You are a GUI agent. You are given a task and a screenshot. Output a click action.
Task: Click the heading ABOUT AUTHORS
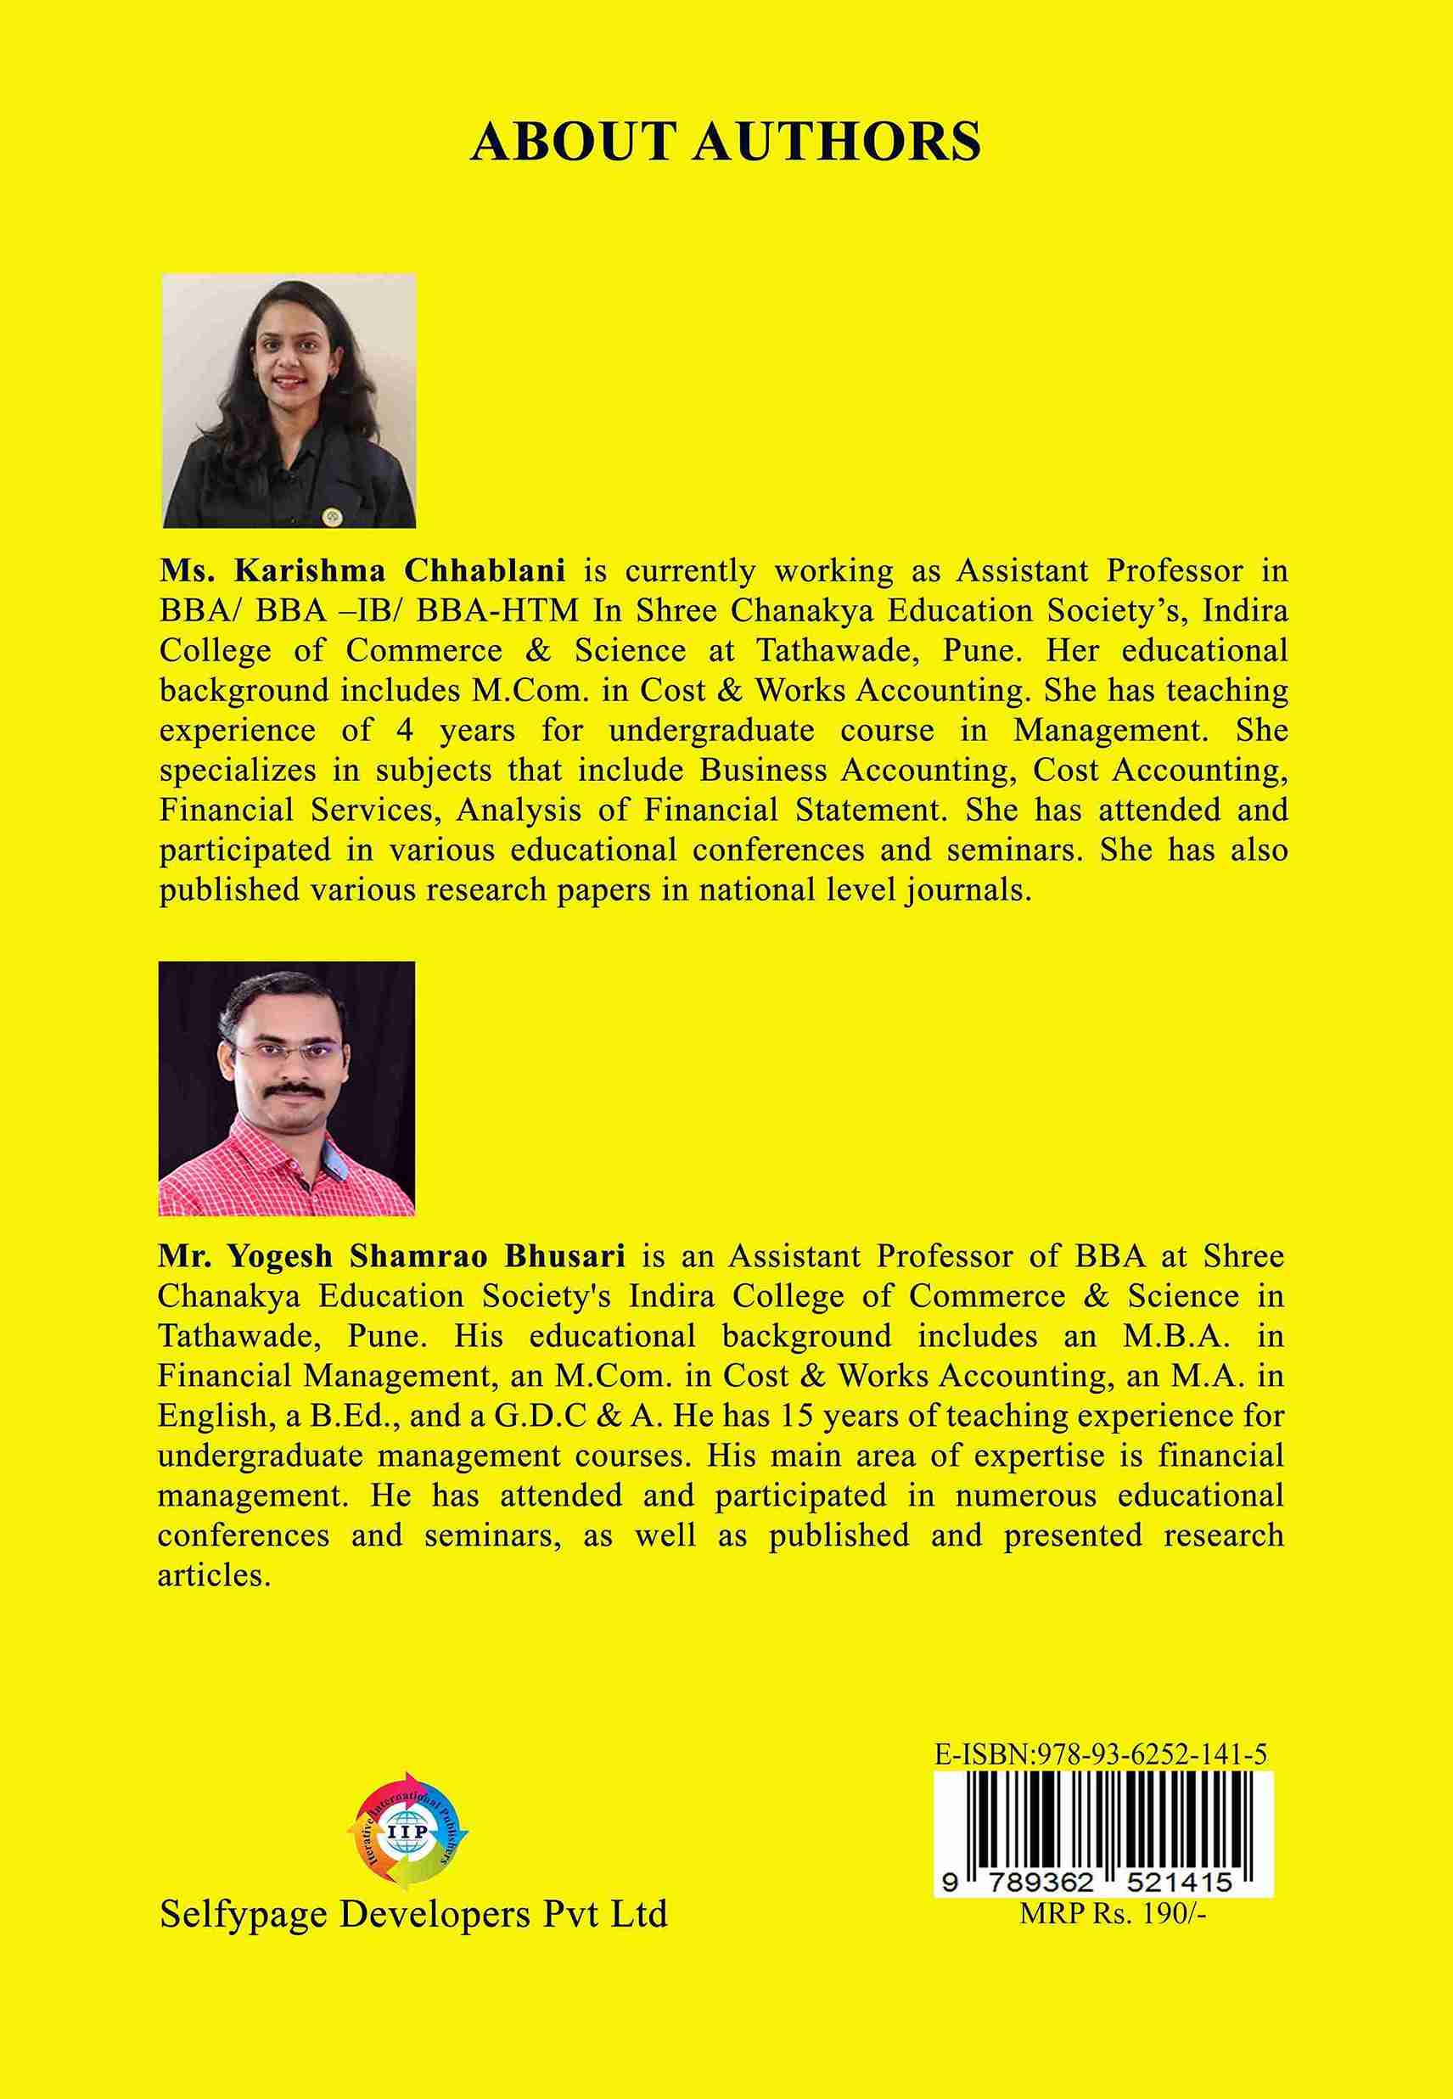[726, 142]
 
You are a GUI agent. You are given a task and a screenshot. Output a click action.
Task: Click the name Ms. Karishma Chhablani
[362, 571]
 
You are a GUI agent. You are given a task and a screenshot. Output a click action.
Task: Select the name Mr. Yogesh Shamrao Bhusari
[391, 1256]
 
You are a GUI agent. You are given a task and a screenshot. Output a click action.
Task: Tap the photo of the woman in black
[289, 401]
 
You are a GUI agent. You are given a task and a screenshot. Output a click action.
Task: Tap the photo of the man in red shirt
[286, 1088]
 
